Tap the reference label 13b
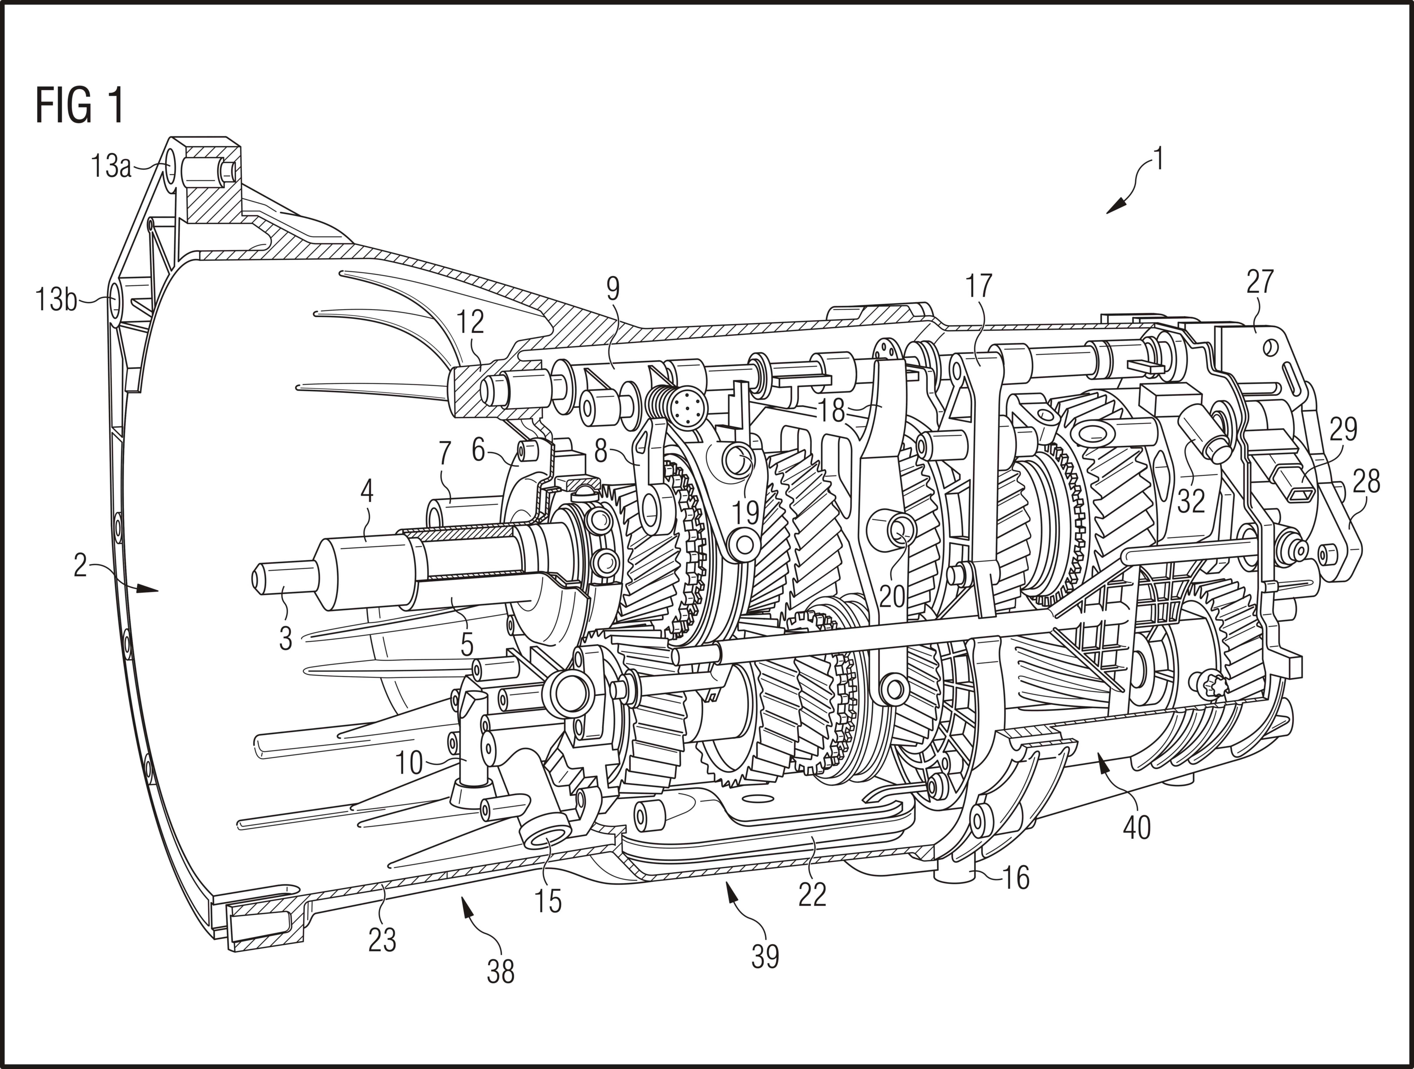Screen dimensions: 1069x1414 coord(56,300)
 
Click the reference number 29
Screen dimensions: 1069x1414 coord(1343,430)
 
